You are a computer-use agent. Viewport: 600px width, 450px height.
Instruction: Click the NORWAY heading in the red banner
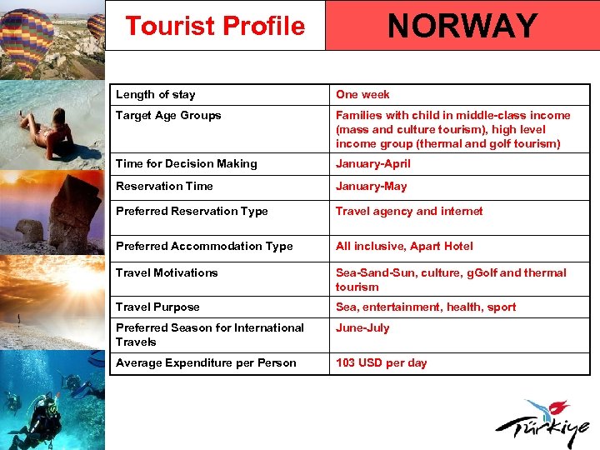[462, 26]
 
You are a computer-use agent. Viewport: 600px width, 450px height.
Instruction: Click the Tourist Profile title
[215, 26]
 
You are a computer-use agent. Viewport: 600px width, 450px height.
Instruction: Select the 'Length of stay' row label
[156, 94]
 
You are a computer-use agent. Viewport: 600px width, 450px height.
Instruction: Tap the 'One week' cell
[362, 94]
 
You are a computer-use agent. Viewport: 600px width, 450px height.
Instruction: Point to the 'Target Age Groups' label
[168, 115]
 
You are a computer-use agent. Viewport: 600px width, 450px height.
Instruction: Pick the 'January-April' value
[373, 163]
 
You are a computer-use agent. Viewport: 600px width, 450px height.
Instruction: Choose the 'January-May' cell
[372, 186]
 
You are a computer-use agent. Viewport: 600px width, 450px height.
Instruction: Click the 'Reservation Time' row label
[164, 186]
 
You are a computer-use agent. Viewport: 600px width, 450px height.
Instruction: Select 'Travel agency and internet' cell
[409, 211]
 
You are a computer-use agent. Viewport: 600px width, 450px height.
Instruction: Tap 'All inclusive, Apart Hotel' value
[404, 246]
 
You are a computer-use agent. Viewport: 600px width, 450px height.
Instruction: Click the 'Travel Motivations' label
[167, 272]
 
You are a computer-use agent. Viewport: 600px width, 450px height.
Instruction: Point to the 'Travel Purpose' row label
[157, 307]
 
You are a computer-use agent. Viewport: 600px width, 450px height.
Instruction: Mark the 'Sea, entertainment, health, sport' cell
[426, 307]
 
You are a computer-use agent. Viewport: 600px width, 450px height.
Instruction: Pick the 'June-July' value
[362, 327]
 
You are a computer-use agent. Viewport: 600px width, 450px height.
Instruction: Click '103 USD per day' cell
[381, 362]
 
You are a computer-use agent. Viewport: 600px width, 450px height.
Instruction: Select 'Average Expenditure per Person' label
[206, 362]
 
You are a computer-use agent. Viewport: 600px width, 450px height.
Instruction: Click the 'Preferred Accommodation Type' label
[204, 246]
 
